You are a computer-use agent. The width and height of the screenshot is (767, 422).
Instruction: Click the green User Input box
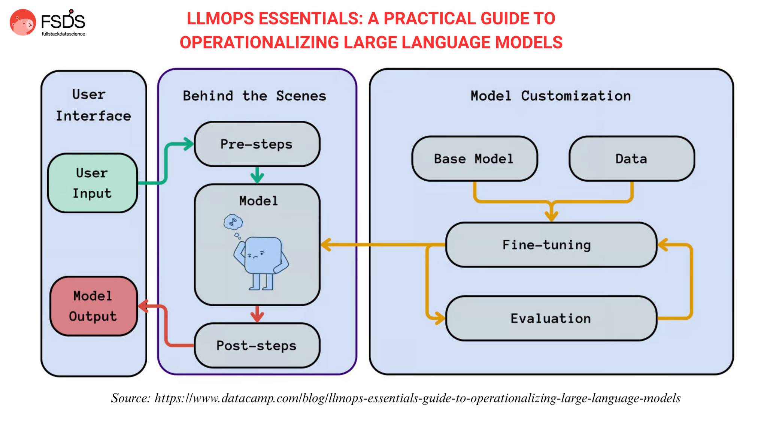pyautogui.click(x=93, y=183)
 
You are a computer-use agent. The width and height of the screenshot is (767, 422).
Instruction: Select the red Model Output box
pyautogui.click(x=94, y=306)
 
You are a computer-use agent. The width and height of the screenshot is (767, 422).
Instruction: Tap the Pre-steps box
pyautogui.click(x=257, y=144)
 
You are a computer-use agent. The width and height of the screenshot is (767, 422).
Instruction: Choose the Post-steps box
pyautogui.click(x=257, y=345)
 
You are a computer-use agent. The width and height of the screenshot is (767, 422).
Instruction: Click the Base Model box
pyautogui.click(x=475, y=159)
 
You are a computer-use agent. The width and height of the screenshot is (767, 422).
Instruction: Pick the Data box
pyautogui.click(x=632, y=159)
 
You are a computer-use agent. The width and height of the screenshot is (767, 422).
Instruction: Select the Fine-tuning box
pyautogui.click(x=551, y=245)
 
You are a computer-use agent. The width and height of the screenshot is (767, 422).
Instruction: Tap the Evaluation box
pyautogui.click(x=551, y=318)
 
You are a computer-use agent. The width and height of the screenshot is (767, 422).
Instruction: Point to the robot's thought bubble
pyautogui.click(x=233, y=222)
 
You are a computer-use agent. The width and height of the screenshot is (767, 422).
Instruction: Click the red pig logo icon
pyautogui.click(x=23, y=22)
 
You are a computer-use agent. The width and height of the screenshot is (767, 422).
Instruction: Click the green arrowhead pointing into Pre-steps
pyautogui.click(x=188, y=144)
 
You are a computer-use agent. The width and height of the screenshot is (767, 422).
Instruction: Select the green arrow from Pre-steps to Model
pyautogui.click(x=257, y=175)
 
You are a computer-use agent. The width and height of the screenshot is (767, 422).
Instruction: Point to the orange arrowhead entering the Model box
pyautogui.click(x=326, y=245)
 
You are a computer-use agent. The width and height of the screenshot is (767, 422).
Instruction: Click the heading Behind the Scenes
pyautogui.click(x=255, y=96)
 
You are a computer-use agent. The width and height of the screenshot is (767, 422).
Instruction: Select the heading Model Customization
pyautogui.click(x=551, y=96)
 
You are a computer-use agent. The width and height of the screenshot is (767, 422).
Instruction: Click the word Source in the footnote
pyautogui.click(x=131, y=398)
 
